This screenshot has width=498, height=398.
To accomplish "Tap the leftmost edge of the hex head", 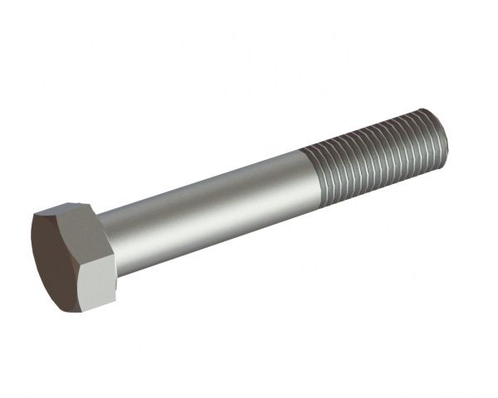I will [32, 240].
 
